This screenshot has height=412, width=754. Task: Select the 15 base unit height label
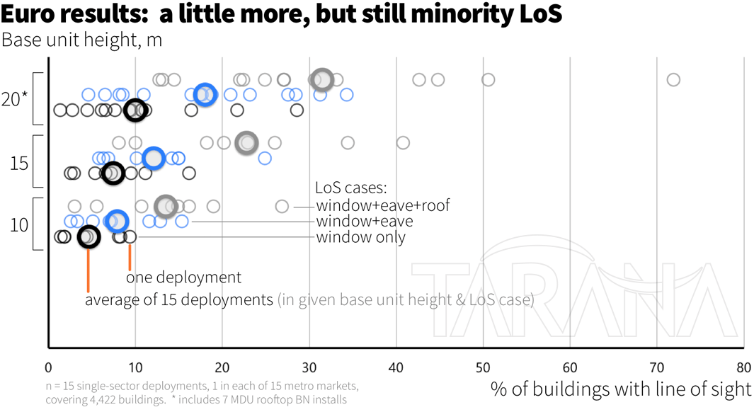(x=19, y=163)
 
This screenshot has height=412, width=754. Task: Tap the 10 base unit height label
(x=19, y=226)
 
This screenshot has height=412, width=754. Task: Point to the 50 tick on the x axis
(x=484, y=368)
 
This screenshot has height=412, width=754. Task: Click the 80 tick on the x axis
(x=743, y=368)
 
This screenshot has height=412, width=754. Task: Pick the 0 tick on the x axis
(x=48, y=368)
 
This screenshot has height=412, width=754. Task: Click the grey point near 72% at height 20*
(x=673, y=79)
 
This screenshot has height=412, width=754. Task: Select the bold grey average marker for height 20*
(x=321, y=80)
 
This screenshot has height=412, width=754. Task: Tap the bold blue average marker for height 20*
(x=205, y=94)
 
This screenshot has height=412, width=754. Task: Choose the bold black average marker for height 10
(x=88, y=236)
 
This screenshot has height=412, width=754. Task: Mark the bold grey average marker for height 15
(x=246, y=143)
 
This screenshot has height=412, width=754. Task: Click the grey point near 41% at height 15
(x=403, y=143)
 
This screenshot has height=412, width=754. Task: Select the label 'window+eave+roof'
(x=383, y=206)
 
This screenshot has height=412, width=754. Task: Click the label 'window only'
(x=361, y=237)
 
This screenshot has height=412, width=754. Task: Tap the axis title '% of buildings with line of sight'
(x=621, y=389)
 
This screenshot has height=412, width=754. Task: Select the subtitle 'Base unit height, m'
(x=81, y=40)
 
